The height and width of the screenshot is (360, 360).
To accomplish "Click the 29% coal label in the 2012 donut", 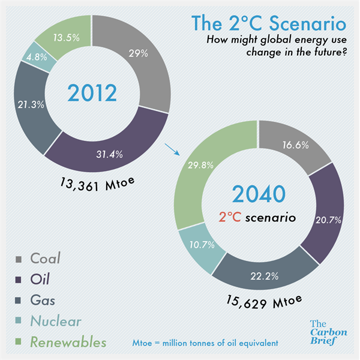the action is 138,53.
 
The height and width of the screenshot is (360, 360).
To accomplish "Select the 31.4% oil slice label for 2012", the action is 110,154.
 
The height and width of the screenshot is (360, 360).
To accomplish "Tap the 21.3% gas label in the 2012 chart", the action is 31,104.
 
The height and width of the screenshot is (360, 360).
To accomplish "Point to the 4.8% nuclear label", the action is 37,57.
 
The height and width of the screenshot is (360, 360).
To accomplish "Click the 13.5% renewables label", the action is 67,38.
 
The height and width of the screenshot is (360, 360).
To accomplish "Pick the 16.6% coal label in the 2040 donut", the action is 295,145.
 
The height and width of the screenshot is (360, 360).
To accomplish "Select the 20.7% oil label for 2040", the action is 328,220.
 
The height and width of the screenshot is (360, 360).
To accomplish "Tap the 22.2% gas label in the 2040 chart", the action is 265,276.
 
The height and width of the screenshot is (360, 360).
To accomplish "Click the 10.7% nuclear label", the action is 202,245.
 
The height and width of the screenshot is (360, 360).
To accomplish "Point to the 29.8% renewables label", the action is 200,165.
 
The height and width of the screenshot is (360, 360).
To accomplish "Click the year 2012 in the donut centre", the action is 92,93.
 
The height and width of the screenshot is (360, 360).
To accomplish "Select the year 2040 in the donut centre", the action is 259,194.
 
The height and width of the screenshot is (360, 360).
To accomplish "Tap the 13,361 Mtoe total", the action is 97,184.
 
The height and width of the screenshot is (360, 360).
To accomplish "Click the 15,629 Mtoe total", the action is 264,302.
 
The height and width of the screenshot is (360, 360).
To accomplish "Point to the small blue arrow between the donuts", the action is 172,149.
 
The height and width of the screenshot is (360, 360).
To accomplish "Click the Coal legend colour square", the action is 19,259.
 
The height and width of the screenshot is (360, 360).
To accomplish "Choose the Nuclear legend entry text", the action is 56,321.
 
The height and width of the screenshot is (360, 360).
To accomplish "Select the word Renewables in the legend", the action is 68,342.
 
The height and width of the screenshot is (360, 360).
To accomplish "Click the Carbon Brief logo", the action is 329,332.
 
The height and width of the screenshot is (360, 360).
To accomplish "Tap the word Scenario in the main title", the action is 308,23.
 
